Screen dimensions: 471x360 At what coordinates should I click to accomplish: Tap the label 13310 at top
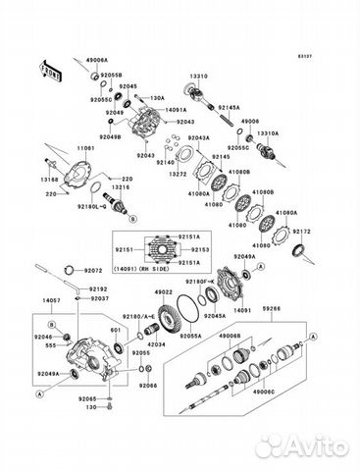[x=197, y=74]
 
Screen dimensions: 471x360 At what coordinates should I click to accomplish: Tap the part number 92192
[x=98, y=289]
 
